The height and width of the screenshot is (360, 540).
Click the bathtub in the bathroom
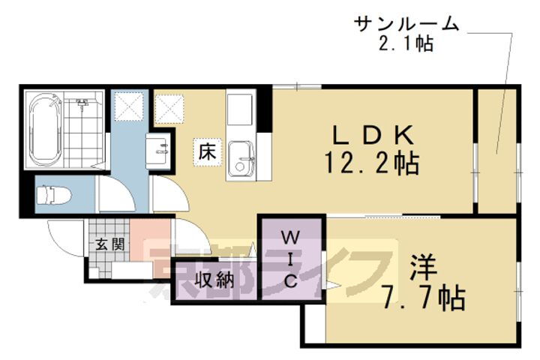(45, 130)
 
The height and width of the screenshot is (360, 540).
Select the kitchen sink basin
(241, 158)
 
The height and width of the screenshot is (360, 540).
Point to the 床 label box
(207, 150)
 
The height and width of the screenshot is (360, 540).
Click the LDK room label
(372, 135)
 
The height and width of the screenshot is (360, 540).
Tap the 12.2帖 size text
(370, 162)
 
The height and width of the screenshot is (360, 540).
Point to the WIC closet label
(291, 259)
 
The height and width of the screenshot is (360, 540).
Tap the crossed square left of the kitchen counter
(169, 106)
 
